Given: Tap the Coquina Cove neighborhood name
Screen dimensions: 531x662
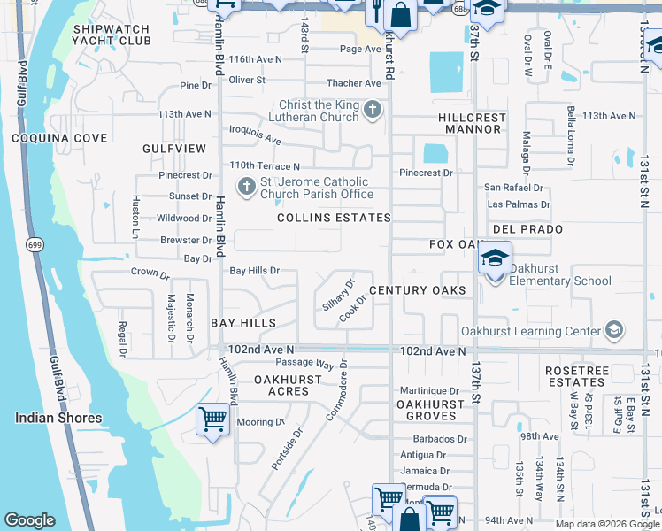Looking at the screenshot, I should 59,138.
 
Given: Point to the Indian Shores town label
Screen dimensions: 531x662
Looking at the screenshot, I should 58,418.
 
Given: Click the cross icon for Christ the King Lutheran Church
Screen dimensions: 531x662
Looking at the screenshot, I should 373,111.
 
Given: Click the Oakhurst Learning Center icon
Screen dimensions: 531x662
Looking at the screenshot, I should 612,332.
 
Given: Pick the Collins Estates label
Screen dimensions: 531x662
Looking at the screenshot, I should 334,218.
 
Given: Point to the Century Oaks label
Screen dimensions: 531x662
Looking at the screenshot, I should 417,290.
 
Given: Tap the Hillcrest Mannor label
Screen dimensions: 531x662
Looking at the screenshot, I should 472,123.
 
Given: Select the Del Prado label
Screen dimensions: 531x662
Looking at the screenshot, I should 527,229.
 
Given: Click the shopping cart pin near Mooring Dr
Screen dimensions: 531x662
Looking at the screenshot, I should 212,419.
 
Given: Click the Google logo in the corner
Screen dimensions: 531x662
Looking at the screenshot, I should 29,520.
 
